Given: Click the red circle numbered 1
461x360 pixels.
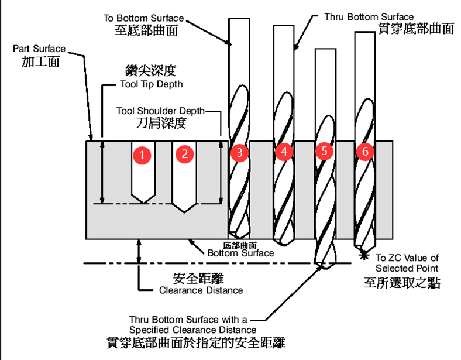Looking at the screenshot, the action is (142, 155).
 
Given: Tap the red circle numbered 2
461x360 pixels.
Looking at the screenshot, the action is (185, 154).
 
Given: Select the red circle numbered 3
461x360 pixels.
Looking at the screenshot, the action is (240, 153).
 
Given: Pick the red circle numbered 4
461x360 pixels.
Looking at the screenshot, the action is (284, 152).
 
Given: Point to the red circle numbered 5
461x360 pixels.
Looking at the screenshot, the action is (324, 151).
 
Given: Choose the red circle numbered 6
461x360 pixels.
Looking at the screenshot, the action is (365, 152).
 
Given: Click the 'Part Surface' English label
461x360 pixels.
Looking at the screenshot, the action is (39, 49).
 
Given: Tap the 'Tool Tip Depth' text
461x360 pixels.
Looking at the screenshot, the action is (152, 84).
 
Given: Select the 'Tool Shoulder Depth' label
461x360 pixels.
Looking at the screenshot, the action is (160, 111).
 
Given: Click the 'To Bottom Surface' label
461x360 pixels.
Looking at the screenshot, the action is (143, 18).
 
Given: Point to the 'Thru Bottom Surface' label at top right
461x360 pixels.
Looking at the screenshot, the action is (369, 17).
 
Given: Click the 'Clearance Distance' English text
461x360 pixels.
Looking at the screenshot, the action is (201, 290).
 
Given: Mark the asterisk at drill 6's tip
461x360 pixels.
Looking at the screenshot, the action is (364, 255).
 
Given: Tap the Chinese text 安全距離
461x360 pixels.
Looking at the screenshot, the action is (198, 278).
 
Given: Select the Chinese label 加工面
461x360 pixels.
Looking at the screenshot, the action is (41, 61).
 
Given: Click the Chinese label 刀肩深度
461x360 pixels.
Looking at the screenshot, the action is (161, 123).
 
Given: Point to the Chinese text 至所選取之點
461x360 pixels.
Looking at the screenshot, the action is (402, 283).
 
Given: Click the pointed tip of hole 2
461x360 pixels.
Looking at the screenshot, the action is (184, 212).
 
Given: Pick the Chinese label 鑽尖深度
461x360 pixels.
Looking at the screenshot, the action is (151, 71).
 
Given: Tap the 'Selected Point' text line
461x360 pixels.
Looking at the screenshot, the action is (407, 268).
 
